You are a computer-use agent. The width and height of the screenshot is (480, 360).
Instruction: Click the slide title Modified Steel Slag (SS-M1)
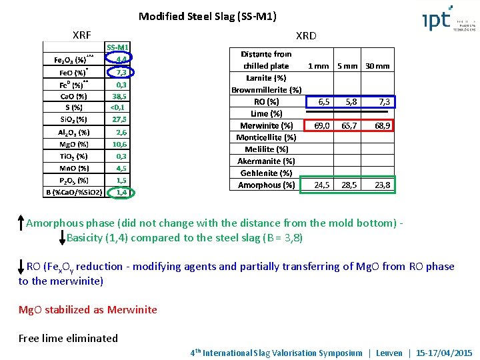[207, 16]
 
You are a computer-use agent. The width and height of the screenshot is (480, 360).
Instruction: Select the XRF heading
[81, 35]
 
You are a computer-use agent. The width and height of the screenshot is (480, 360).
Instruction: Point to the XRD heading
[306, 35]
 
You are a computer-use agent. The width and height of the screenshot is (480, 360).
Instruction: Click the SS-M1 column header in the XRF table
[118, 47]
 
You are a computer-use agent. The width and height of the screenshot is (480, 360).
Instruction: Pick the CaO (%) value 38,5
[119, 95]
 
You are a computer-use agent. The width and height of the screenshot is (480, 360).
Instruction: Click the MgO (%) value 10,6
[119, 143]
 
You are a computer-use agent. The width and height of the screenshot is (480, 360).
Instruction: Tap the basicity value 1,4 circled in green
[121, 192]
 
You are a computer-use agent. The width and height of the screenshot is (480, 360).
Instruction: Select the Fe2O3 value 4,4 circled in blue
[121, 59]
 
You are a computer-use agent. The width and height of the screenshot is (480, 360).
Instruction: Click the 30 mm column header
[377, 66]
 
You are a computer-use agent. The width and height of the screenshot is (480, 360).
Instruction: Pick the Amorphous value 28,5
[349, 185]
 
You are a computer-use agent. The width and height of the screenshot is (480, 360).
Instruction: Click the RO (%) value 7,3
[383, 101]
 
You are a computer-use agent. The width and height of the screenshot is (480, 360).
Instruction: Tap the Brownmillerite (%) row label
[266, 89]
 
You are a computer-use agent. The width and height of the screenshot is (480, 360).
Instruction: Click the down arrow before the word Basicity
[62, 237]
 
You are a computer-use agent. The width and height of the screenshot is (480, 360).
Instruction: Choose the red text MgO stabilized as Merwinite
[88, 309]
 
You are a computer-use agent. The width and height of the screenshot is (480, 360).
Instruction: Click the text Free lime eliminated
[68, 338]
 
